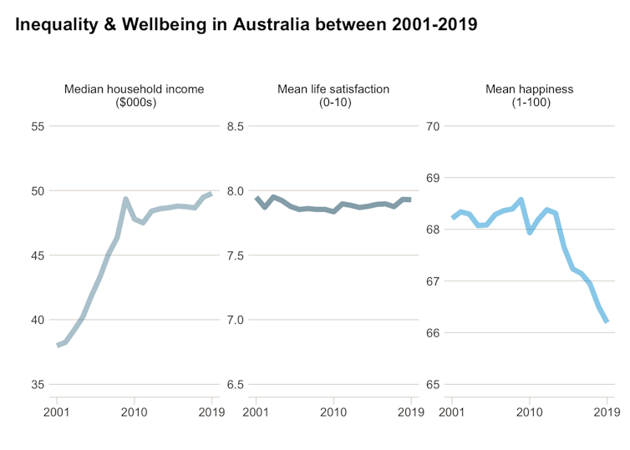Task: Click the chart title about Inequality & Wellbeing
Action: (x=246, y=24)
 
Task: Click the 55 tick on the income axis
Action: (x=38, y=126)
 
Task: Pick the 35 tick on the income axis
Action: (x=38, y=385)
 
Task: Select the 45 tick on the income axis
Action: (x=38, y=255)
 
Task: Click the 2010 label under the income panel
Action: (x=134, y=412)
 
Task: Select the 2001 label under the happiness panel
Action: (x=452, y=412)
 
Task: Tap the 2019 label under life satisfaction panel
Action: (x=410, y=412)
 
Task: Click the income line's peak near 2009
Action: (x=125, y=200)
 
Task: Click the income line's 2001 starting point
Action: (x=58, y=345)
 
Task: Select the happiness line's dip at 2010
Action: (x=530, y=232)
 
